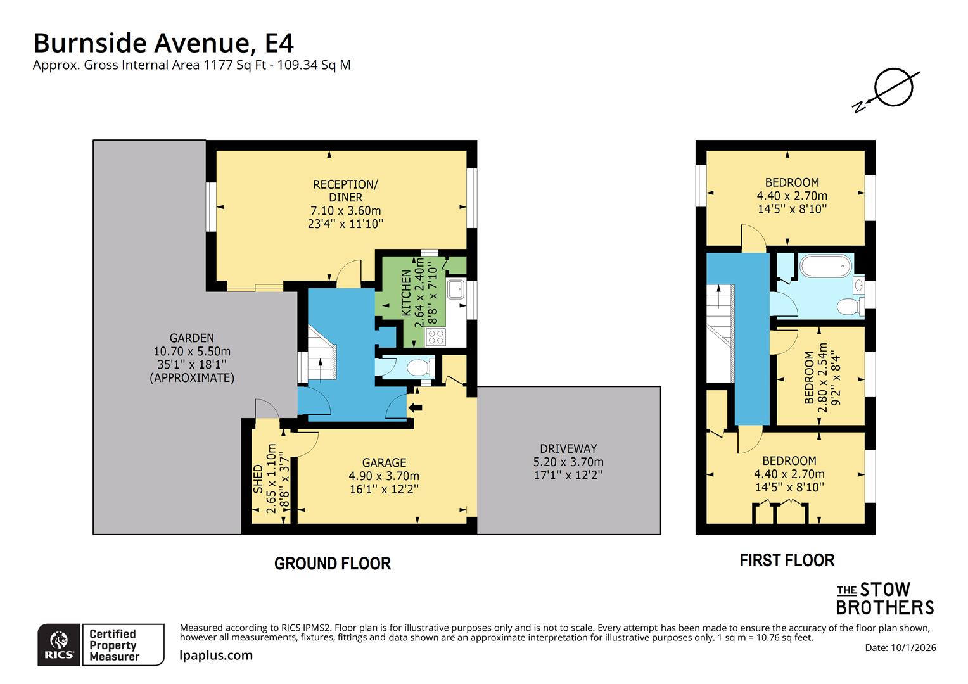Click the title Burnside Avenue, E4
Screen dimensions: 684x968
[x=163, y=43]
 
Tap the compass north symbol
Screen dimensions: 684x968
[x=893, y=89]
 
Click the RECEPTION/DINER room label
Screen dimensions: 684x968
[x=345, y=191]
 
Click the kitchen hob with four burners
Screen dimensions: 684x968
[x=436, y=336]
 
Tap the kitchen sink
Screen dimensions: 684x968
[x=455, y=289]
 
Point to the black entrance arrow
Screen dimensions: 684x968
[x=415, y=407]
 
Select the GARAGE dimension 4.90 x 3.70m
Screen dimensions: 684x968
[x=384, y=476]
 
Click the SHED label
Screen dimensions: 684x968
[x=258, y=479]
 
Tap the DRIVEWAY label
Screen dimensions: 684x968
[x=568, y=448]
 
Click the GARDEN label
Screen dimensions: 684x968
[x=191, y=338]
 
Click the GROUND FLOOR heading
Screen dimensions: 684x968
[x=333, y=563]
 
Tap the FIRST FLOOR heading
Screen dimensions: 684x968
[x=787, y=560]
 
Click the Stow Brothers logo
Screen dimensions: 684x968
[x=884, y=598]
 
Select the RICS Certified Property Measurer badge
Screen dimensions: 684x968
[x=101, y=645]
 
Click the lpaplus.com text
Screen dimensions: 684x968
[x=216, y=655]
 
